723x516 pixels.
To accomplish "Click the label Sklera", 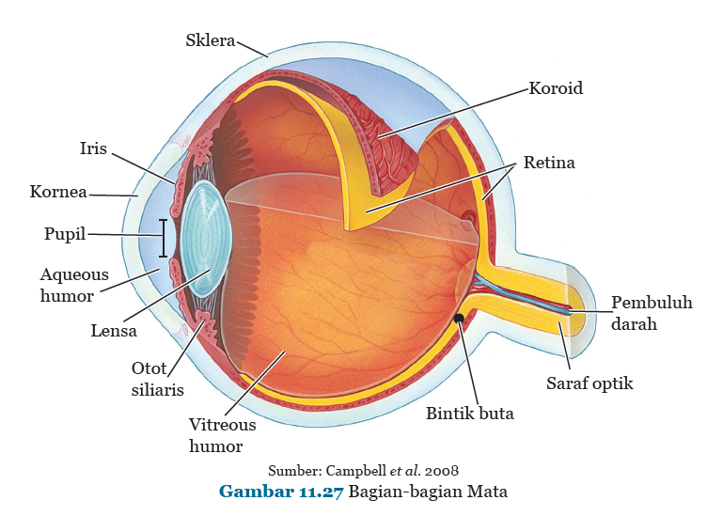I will (x=211, y=40).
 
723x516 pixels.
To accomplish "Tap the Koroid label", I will (x=556, y=88).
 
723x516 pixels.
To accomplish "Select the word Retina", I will (x=549, y=163).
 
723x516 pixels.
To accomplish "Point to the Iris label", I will (x=93, y=149).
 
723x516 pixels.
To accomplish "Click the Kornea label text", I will (x=58, y=193).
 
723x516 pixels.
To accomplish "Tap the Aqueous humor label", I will (x=74, y=285).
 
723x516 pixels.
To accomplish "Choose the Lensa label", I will (x=114, y=330).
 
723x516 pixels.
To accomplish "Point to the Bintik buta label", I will (x=469, y=413).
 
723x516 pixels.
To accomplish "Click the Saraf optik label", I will (x=589, y=383).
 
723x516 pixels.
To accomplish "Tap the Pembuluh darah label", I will (x=652, y=313).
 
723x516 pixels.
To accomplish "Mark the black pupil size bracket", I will (x=164, y=238).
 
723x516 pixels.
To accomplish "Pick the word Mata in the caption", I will (x=488, y=492).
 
